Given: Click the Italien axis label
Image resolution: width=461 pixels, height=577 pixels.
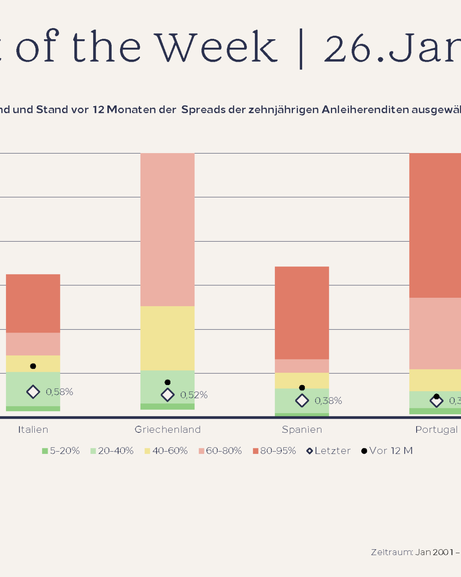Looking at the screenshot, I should (x=33, y=430).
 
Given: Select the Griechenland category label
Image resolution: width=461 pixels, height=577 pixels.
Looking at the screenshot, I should (x=168, y=430).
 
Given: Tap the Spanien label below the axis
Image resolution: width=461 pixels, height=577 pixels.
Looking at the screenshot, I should (x=302, y=430).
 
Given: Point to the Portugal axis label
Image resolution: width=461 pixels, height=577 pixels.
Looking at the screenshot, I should (x=437, y=430).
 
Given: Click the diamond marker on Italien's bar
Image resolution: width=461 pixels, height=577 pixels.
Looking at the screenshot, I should (x=33, y=392).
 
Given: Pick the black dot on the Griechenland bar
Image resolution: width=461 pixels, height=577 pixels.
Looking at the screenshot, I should (x=168, y=382).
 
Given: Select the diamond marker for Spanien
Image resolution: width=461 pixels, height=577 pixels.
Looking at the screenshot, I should (x=302, y=401).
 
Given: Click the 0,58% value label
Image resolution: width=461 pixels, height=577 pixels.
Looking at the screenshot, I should (x=60, y=392).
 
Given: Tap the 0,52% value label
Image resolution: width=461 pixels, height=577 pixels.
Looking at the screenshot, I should (x=194, y=395).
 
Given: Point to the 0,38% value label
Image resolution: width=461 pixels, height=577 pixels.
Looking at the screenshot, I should (x=329, y=401).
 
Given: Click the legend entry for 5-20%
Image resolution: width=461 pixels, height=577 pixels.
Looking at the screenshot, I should (x=61, y=451).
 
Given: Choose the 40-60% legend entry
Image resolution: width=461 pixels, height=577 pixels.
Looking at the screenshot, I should (x=166, y=451).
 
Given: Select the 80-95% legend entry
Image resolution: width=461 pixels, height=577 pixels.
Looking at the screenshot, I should (x=275, y=451).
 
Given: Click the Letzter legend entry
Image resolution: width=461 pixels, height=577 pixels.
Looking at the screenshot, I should (x=329, y=451).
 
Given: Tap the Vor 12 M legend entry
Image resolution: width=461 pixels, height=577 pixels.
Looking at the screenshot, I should (x=387, y=451).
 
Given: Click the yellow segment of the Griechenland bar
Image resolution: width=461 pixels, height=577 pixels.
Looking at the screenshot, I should (x=168, y=338).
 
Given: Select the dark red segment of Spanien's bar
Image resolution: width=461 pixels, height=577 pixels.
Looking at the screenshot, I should (x=302, y=313).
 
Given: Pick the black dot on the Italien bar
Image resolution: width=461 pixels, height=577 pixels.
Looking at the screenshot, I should (x=33, y=366).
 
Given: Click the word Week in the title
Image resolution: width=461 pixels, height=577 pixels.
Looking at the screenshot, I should (x=216, y=47).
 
